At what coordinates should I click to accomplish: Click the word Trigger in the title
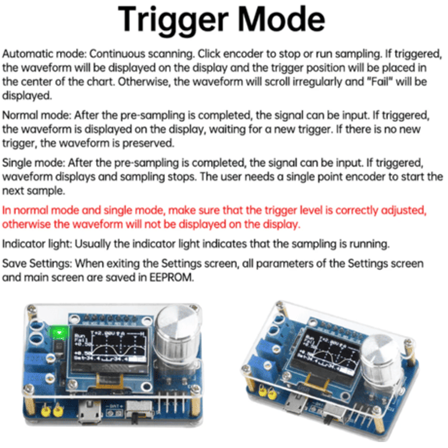tap(173, 20)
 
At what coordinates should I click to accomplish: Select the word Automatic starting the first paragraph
tap(28, 54)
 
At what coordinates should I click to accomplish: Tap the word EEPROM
tap(171, 278)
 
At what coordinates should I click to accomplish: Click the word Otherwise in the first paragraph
tap(143, 81)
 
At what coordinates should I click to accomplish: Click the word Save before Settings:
tap(15, 263)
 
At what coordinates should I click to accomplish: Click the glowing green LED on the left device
tap(58, 332)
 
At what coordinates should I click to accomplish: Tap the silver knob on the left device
tap(177, 331)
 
